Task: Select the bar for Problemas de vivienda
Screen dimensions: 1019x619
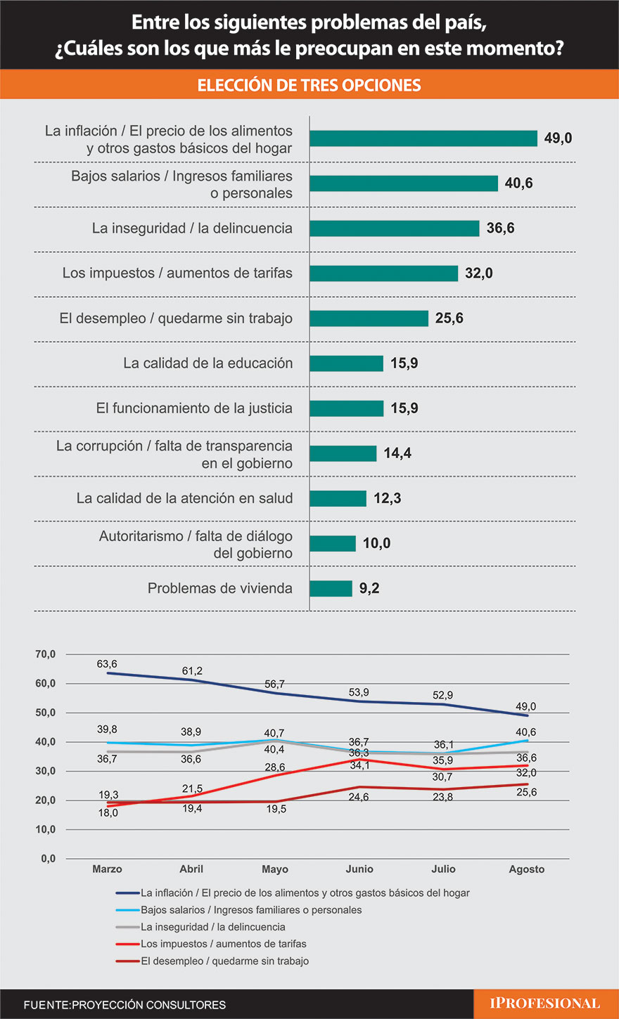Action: [x=331, y=588]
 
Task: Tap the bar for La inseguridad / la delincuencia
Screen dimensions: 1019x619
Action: [x=395, y=228]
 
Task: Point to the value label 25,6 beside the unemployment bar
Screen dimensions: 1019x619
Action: [x=449, y=318]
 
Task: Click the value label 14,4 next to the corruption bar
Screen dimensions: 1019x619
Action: [x=397, y=453]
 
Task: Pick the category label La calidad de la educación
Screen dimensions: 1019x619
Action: [x=208, y=363]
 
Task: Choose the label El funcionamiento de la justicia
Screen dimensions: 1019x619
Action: [x=194, y=408]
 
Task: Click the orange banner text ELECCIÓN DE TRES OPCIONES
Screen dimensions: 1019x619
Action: [x=309, y=85]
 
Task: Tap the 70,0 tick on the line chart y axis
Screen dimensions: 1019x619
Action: [x=46, y=654]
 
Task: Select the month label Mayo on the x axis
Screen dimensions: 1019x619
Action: [x=275, y=869]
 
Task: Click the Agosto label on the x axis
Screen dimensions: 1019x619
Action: [x=527, y=869]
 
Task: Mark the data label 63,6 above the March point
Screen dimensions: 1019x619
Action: [x=107, y=663]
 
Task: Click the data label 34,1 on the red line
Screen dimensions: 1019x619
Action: [x=359, y=765]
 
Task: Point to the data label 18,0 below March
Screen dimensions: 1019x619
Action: [x=108, y=812]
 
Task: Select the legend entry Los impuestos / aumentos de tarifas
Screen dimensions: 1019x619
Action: [x=223, y=944]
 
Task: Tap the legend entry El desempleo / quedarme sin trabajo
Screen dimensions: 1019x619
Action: [x=224, y=961]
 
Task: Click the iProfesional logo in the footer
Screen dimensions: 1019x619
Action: [x=544, y=1004]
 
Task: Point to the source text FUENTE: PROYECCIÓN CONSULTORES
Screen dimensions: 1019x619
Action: [x=125, y=1005]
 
